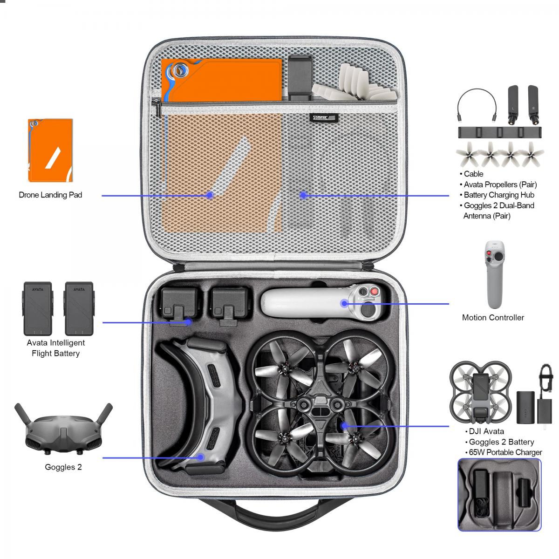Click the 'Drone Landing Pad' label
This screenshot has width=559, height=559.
[50, 195]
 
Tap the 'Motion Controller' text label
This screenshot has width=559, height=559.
[493, 318]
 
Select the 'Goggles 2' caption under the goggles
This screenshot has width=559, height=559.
[63, 467]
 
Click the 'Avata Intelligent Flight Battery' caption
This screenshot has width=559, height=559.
[55, 348]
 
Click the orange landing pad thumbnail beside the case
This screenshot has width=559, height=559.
[50, 150]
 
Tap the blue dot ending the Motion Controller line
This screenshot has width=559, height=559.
[344, 304]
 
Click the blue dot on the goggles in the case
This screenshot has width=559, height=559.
[201, 457]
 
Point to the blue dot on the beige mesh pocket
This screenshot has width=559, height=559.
[210, 195]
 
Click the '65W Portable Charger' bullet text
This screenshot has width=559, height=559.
[505, 452]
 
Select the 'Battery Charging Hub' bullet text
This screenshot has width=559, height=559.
[498, 195]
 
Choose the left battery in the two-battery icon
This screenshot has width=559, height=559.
[38, 308]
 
